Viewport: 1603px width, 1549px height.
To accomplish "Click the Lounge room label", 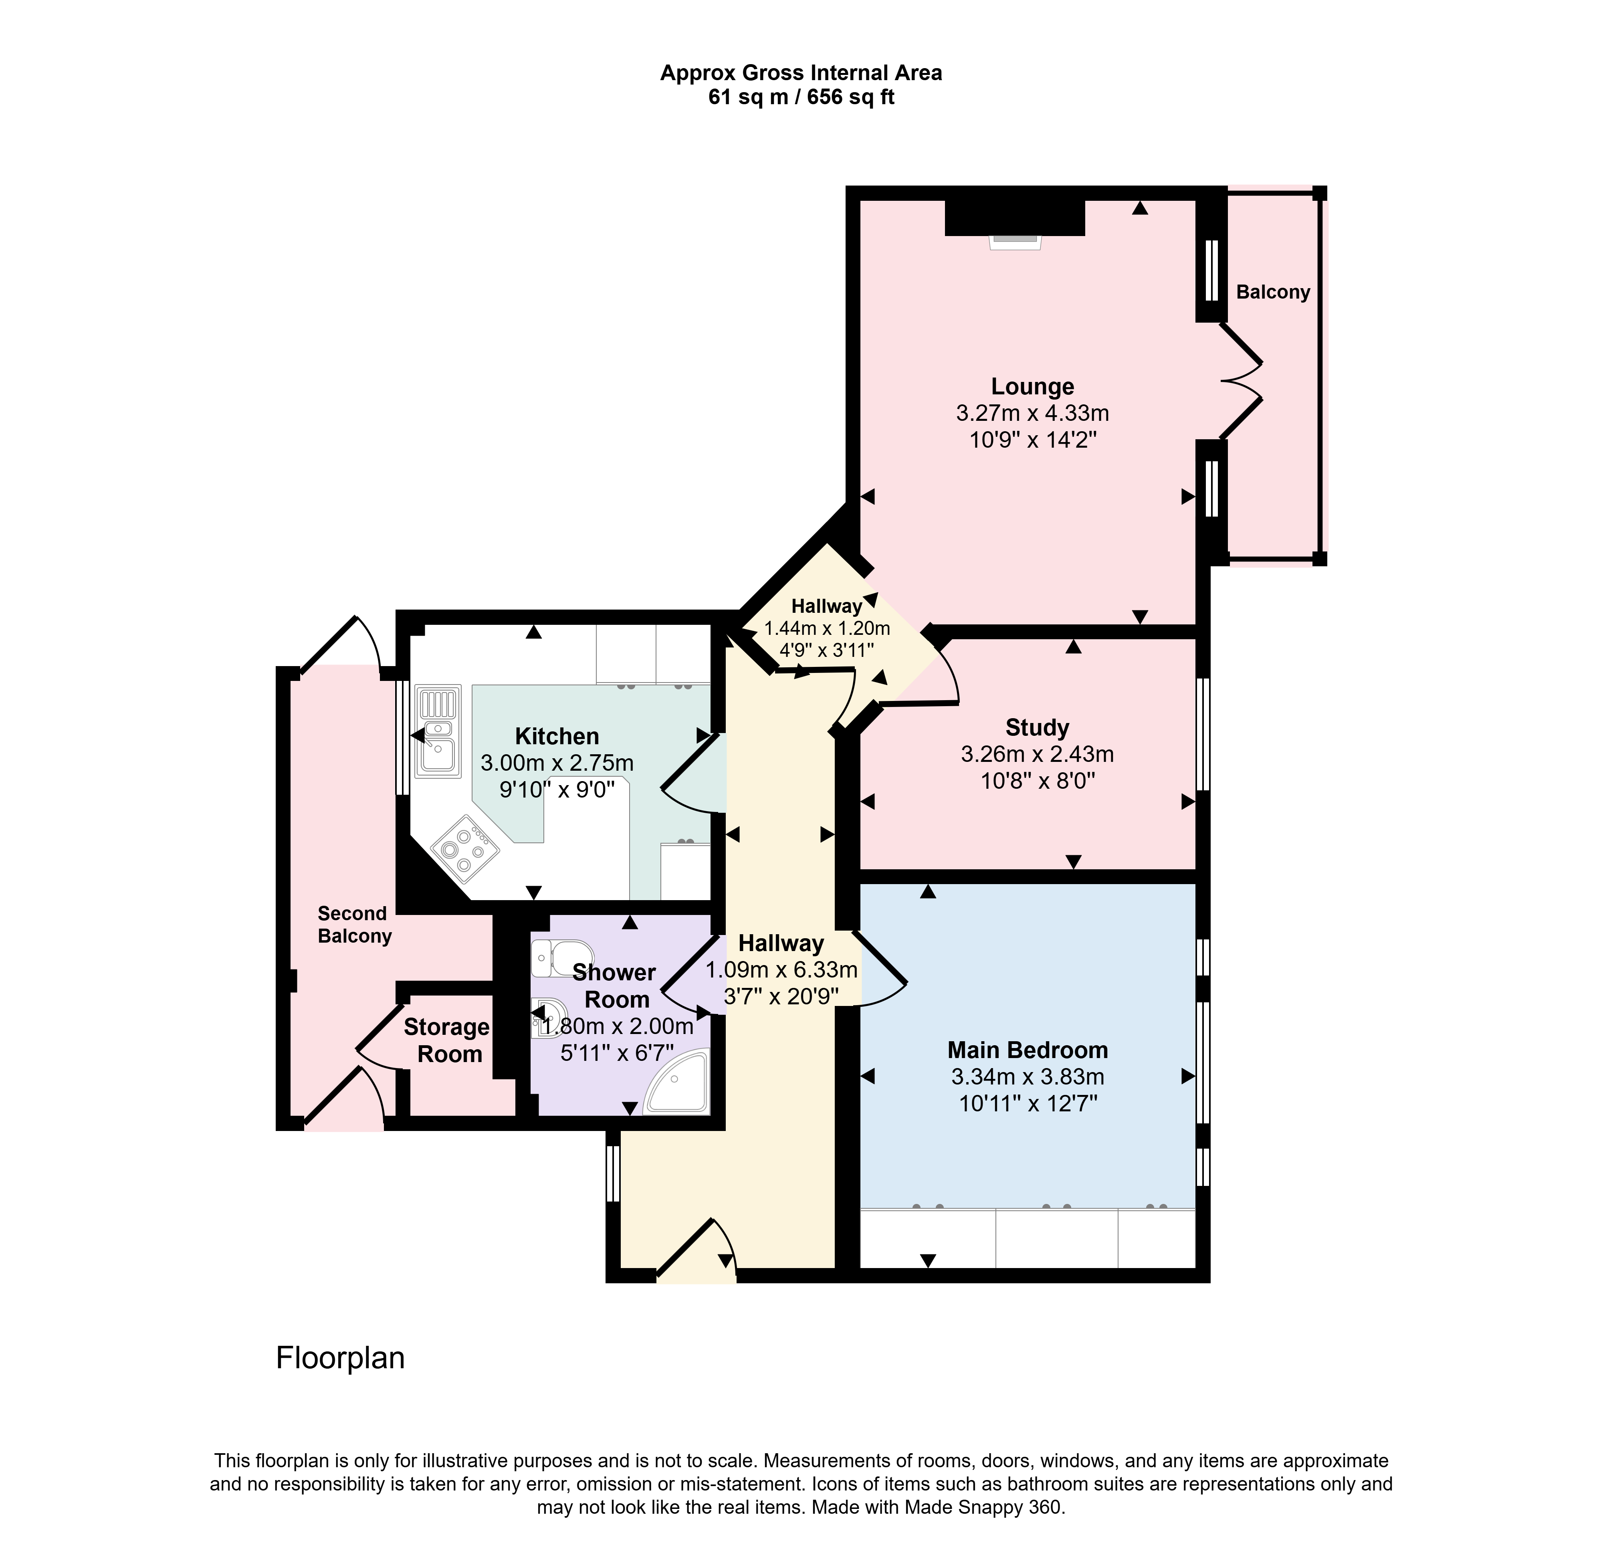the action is [1033, 387].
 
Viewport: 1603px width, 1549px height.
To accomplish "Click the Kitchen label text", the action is [557, 736].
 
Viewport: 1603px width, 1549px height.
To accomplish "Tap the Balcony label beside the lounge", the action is [1274, 292].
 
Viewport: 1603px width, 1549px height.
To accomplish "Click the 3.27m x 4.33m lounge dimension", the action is [1033, 414].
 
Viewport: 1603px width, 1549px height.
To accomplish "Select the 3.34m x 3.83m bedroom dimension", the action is [1028, 1077].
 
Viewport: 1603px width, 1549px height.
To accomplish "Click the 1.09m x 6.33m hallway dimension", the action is [782, 970].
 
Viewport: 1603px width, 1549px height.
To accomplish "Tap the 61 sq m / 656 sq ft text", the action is [801, 97].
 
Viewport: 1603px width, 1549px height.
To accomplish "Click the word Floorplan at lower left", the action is [340, 1357].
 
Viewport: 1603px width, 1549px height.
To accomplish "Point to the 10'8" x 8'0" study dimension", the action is [1038, 781].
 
